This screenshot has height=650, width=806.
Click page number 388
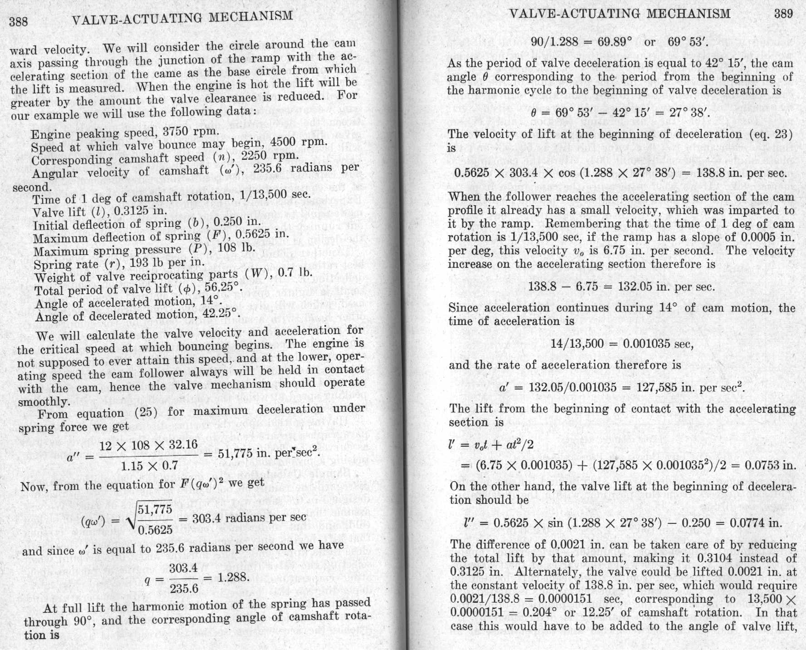(x=19, y=22)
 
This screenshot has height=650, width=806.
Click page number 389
(x=784, y=14)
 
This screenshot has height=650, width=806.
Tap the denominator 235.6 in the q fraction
(x=184, y=589)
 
